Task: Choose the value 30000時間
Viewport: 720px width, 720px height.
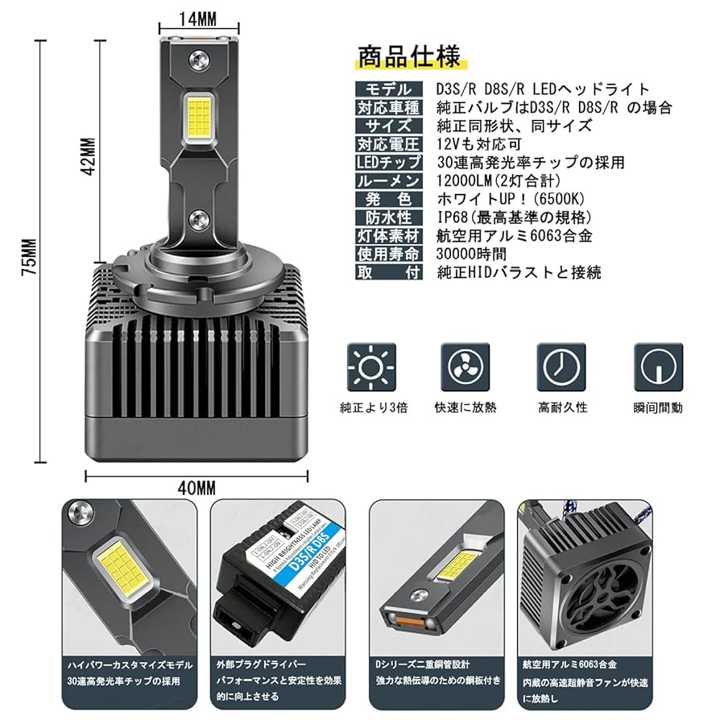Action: tap(468, 254)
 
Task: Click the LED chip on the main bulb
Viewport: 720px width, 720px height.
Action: tap(197, 118)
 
